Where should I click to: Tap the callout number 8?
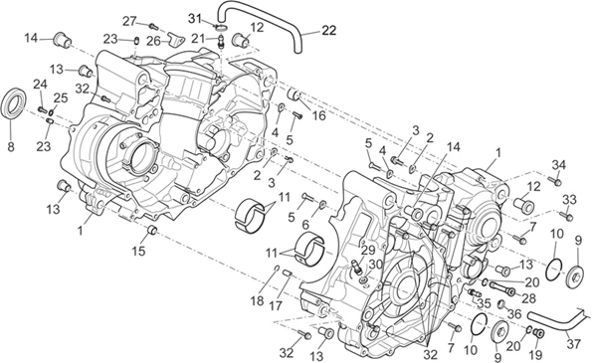click(11, 147)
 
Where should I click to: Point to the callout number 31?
click(195, 17)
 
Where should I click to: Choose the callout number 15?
click(138, 251)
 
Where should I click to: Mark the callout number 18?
click(258, 299)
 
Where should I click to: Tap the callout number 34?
click(559, 164)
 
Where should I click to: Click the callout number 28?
click(529, 297)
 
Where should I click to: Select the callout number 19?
click(535, 354)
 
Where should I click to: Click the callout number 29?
click(366, 250)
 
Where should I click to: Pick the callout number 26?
click(153, 41)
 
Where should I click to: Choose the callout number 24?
click(40, 84)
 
